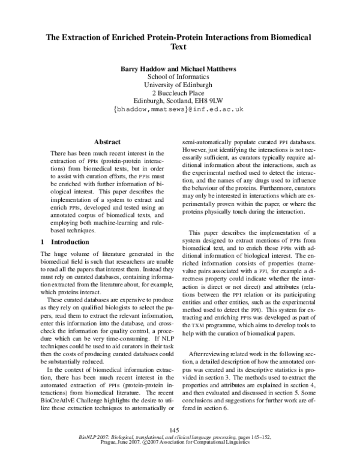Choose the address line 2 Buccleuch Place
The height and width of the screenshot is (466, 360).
pos(179,93)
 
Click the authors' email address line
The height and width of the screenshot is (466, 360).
pos(179,110)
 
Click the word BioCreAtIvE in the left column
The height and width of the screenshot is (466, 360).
pos(55,398)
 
